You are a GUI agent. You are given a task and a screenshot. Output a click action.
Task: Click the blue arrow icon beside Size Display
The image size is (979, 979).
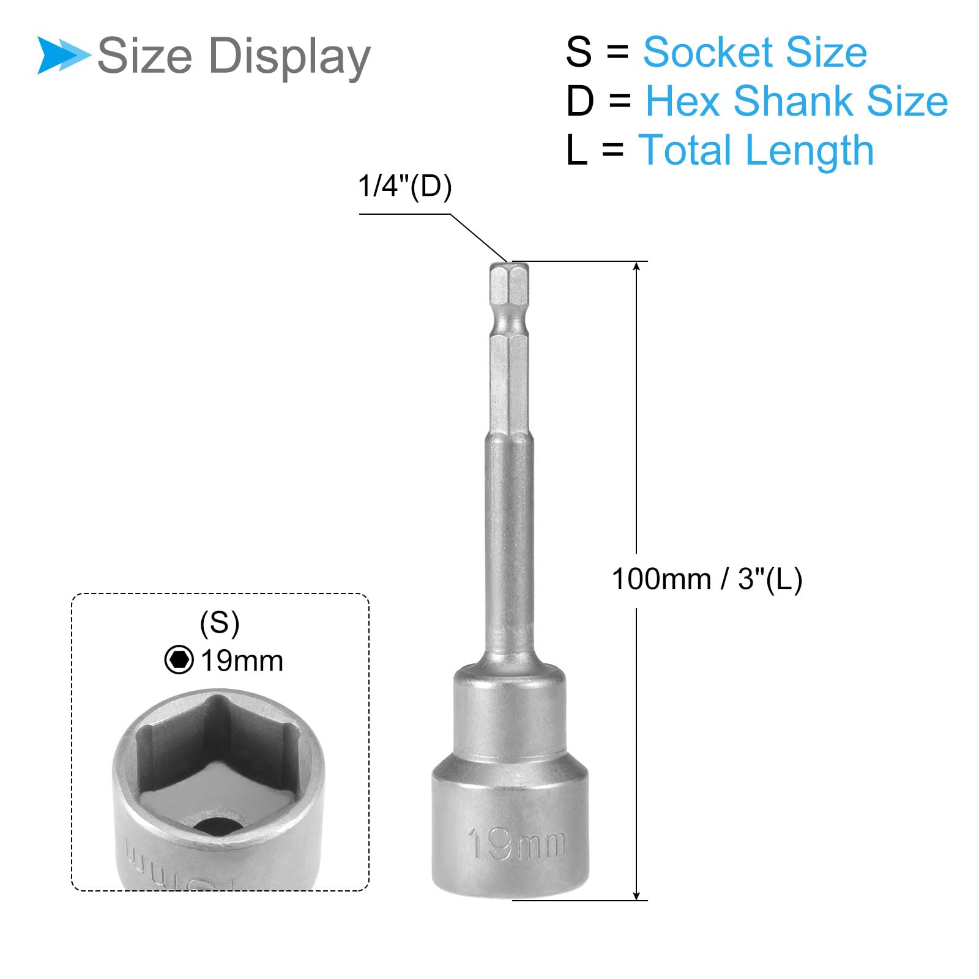63,56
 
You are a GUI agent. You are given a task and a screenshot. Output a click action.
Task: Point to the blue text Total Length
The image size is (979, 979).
756,151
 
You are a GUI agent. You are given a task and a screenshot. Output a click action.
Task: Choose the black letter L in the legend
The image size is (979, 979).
576,150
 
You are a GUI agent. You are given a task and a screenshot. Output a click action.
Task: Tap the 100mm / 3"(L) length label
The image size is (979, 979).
707,579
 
